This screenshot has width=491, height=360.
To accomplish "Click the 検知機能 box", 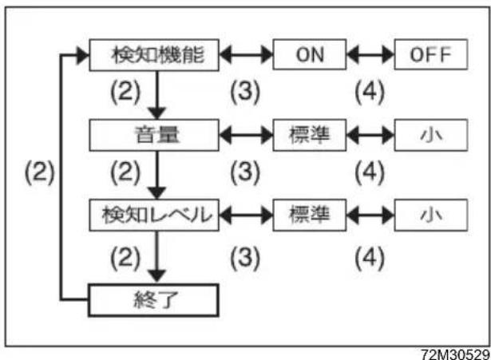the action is tap(154, 55).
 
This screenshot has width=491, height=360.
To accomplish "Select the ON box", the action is tap(310, 54).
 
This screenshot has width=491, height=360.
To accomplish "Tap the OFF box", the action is tap(431, 54).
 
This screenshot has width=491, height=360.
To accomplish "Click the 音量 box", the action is tap(154, 135).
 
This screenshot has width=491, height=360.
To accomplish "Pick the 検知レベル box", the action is tap(154, 215).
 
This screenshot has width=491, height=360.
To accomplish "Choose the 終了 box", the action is tap(153, 300).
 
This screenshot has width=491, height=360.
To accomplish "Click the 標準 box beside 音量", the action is tap(310, 135).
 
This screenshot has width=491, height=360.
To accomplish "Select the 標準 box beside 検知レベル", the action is tap(310, 215).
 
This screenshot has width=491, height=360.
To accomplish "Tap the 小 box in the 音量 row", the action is tap(431, 135).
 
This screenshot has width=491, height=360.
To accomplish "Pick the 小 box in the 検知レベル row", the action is tap(431, 215).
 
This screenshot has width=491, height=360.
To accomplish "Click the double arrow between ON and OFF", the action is tap(370, 55).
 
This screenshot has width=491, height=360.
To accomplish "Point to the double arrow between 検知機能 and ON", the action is tap(246, 55).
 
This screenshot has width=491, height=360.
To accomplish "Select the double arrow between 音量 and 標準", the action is tap(246, 135).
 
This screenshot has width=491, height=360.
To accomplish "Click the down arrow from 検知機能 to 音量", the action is tap(157, 95).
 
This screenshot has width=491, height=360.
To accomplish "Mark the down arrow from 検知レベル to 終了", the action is tap(156, 257).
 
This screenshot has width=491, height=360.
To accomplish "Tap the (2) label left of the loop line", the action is tap(40, 172).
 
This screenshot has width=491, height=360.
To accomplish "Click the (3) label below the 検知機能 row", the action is tap(245, 92).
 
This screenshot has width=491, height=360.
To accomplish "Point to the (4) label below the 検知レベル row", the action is tap(370, 258).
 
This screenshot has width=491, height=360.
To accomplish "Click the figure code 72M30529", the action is tap(456, 354).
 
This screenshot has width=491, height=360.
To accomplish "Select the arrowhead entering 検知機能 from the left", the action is tap(83, 55).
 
